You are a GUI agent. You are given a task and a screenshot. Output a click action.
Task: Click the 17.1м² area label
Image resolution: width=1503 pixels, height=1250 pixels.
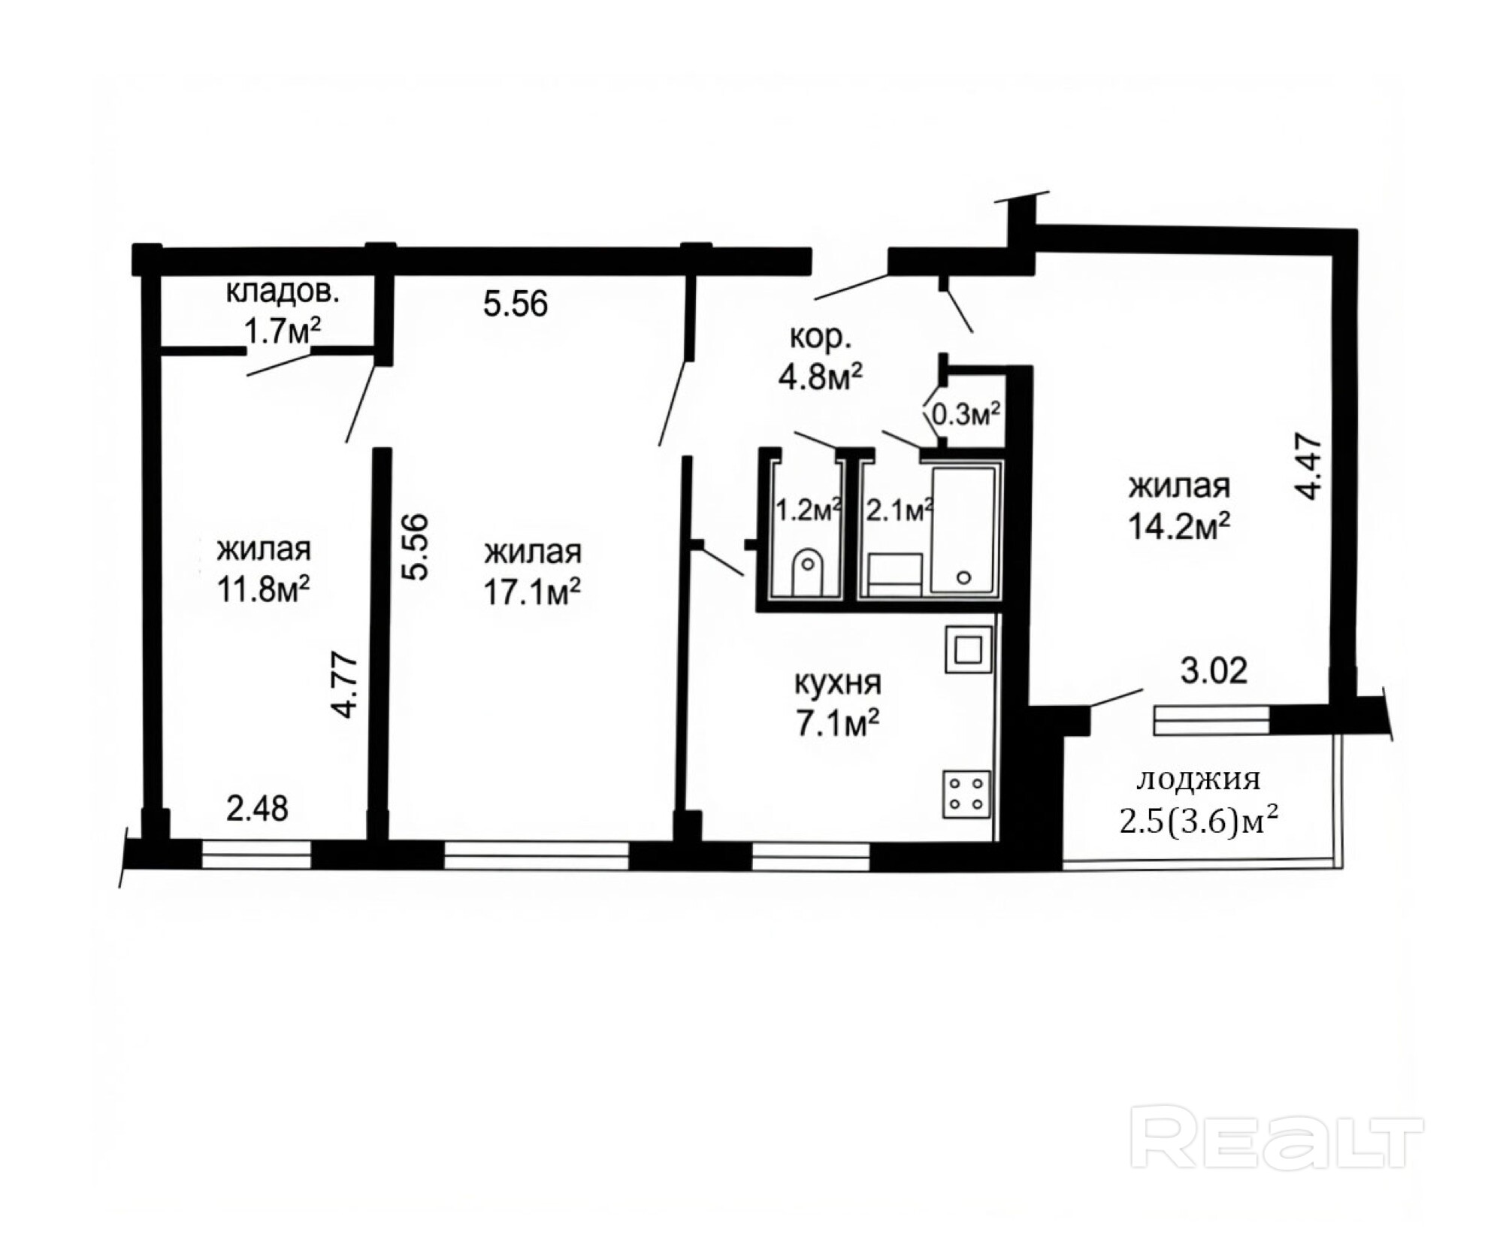pos(531,592)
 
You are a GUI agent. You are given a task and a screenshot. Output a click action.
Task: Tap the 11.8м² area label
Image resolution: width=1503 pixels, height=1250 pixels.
pos(263,590)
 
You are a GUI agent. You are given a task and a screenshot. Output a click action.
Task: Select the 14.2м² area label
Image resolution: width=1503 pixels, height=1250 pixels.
pos(1178,527)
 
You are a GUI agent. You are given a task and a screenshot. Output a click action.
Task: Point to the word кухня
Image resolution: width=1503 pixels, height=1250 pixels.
pos(838,683)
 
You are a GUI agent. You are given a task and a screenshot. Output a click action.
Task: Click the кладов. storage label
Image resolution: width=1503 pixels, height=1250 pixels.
pos(283,292)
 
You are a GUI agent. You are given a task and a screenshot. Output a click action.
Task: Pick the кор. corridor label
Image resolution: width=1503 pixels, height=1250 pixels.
pos(820,339)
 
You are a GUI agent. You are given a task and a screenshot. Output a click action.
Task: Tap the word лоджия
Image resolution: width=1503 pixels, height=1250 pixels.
pos(1198,780)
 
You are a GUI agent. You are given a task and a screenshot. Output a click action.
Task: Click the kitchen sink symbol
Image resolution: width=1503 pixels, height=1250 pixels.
pos(968,650)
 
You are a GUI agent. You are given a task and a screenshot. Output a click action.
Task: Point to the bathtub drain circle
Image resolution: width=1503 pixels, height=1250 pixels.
pos(963,577)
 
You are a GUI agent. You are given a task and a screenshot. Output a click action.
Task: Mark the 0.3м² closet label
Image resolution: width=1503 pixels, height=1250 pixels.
pos(966,414)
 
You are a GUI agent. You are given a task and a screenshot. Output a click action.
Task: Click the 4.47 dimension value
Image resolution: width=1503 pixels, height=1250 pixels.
pos(1308,465)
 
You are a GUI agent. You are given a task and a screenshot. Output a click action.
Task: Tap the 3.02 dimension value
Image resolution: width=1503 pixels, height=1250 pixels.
pos(1214,670)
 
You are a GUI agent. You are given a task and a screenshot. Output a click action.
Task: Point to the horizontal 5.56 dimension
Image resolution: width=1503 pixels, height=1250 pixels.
pos(516,304)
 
